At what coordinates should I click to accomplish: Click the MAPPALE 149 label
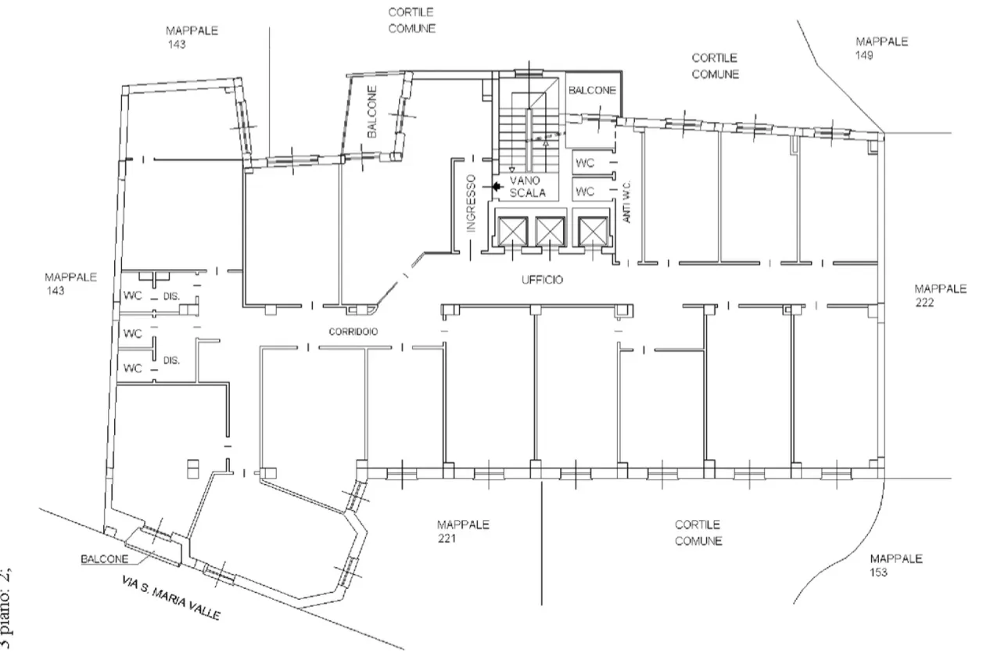[x=881, y=48]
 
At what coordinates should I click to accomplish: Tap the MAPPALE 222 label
[x=940, y=296]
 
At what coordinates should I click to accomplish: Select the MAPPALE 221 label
[x=463, y=532]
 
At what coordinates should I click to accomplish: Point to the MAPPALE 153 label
[x=896, y=565]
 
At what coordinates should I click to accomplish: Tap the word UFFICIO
[x=543, y=279]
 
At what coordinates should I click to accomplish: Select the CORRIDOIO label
[x=353, y=332]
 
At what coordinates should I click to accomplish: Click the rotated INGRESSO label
[x=471, y=203]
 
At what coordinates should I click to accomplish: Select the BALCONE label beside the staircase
[x=592, y=91]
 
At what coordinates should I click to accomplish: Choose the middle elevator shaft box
[x=550, y=230]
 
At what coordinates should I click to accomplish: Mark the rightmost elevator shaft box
[x=591, y=230]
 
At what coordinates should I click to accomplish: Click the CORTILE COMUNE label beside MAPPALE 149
[x=715, y=66]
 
